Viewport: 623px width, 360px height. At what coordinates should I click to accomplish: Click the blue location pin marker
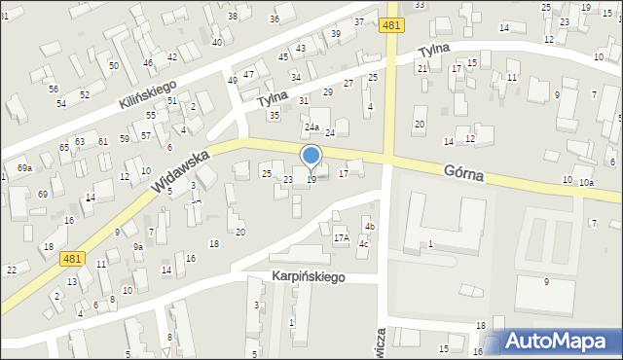pos(311,157)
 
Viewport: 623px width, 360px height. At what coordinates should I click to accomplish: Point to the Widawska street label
pos(181,172)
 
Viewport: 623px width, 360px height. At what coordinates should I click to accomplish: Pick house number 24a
pos(311,127)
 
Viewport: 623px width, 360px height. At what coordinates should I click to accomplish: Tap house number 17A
pos(342,238)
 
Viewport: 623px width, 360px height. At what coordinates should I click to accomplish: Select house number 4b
pos(369,228)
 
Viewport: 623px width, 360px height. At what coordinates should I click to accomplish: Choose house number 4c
pos(363,243)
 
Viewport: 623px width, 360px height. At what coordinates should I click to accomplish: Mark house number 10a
pos(585,183)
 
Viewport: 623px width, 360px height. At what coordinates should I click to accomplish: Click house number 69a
pos(24,168)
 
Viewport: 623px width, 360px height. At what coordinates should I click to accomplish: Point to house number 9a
pos(138,247)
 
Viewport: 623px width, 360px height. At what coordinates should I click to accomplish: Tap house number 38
pos(232,17)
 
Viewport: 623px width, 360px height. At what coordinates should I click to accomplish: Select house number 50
pos(114,65)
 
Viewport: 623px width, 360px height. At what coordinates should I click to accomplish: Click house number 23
pos(287,180)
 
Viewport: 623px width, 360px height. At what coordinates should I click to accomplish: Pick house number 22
pos(12,270)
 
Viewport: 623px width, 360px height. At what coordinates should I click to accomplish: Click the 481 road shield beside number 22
pos(70,258)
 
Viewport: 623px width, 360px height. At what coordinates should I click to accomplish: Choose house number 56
pos(54,89)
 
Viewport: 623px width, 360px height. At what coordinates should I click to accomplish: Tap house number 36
pos(275,19)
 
